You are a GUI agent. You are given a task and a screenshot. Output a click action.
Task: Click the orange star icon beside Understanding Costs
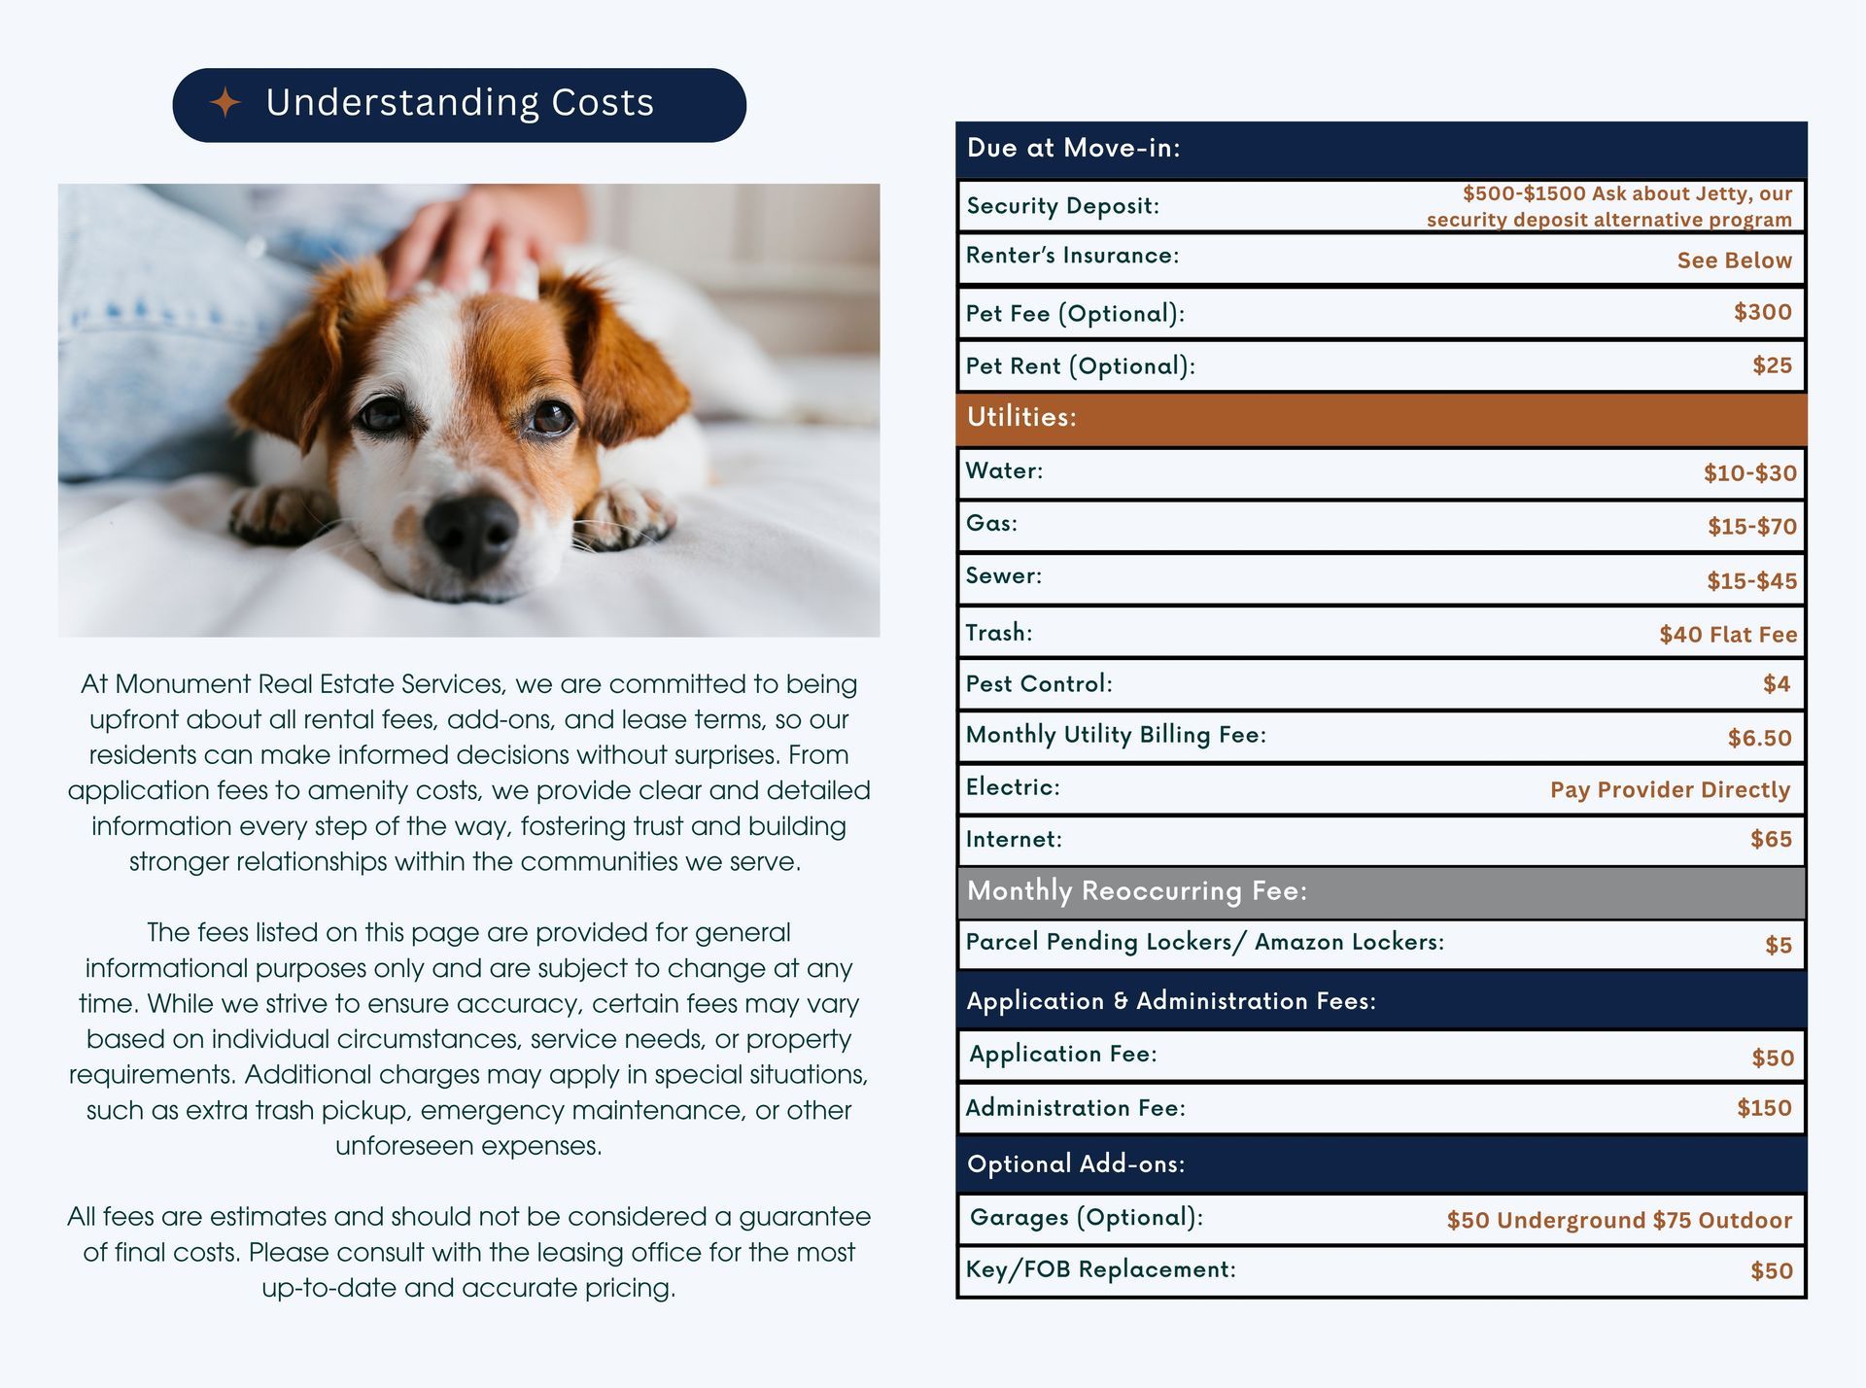click(x=225, y=103)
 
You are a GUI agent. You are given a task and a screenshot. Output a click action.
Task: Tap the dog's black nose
click(x=470, y=531)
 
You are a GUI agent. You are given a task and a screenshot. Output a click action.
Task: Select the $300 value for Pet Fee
click(x=1762, y=312)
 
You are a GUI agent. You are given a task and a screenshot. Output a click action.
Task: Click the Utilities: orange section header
click(x=1020, y=417)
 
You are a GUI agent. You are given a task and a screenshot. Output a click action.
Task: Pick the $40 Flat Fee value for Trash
click(x=1727, y=635)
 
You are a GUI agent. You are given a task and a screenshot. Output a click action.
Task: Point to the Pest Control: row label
click(x=1038, y=684)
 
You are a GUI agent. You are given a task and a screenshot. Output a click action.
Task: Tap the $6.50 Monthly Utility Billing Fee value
click(x=1759, y=738)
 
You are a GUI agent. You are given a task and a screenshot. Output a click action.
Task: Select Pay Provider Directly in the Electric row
click(x=1669, y=790)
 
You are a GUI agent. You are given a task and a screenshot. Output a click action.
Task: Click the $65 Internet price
click(x=1771, y=839)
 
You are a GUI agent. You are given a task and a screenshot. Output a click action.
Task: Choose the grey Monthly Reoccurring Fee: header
click(x=1136, y=891)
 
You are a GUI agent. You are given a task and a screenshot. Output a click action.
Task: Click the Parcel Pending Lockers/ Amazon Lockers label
click(x=1204, y=942)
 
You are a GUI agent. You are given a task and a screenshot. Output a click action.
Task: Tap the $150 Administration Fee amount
click(x=1764, y=1108)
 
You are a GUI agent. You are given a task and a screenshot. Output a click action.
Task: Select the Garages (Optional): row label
click(x=1086, y=1217)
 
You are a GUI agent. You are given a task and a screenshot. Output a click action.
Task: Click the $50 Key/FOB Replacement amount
click(x=1771, y=1270)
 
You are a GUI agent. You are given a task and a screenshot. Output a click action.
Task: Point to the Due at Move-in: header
click(x=1073, y=149)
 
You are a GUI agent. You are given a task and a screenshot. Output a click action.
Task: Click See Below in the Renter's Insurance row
click(x=1734, y=260)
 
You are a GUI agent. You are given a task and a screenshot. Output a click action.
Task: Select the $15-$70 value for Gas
click(x=1751, y=527)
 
